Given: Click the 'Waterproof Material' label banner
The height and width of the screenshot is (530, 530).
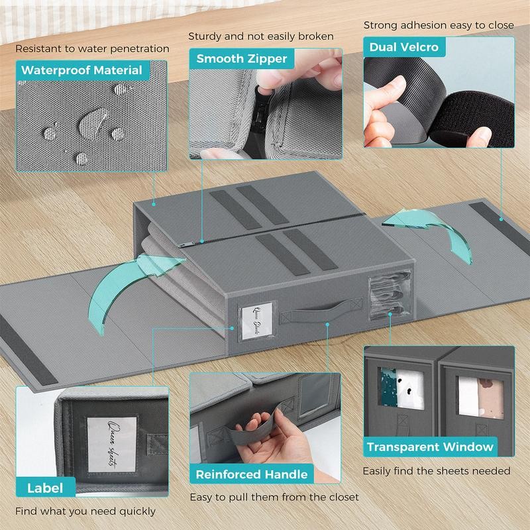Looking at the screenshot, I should [x=81, y=70].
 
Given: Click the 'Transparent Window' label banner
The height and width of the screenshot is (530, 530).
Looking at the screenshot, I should [x=430, y=447].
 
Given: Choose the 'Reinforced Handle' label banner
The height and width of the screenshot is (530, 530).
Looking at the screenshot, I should [x=251, y=474].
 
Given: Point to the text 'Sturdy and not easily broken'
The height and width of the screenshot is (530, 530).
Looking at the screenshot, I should [x=261, y=36].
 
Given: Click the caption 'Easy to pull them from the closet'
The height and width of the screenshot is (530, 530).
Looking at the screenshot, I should [x=274, y=497].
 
